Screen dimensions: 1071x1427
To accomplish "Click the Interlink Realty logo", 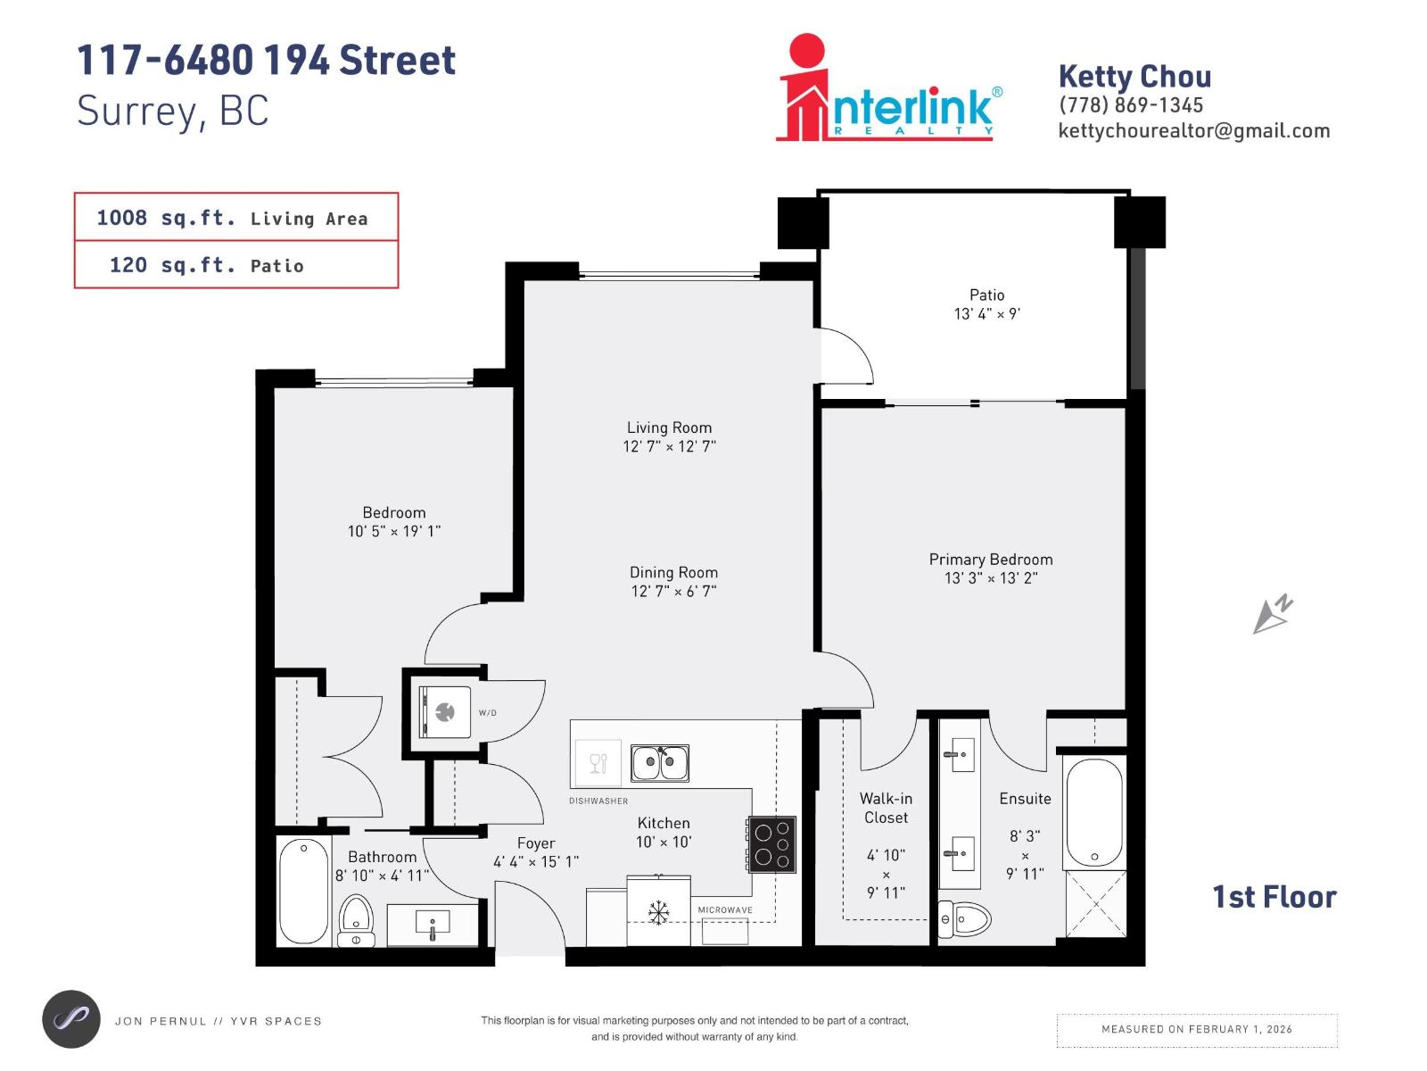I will pos(888,89).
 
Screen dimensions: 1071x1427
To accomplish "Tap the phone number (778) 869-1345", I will pos(1131,105).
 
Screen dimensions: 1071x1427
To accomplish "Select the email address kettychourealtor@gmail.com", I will pos(1193,131).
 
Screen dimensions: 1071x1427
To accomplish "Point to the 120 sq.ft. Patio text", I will pos(207,265).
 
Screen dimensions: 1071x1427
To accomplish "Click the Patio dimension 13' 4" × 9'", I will pos(986,314).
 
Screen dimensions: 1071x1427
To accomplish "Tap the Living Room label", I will pos(669,428).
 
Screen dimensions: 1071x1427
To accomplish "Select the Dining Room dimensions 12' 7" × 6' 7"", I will pos(673,591).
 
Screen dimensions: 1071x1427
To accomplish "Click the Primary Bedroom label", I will pos(990,560).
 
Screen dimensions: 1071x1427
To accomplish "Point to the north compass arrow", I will pos(1273,614).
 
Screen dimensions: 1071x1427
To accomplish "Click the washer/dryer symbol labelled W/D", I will pos(446,711).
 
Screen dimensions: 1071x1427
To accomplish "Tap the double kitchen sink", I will pos(660,763).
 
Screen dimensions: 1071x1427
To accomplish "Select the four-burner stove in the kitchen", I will pos(771,843).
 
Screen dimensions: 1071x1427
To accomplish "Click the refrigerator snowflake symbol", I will pos(658,912).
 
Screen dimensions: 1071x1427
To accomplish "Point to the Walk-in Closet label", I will pos(885,808).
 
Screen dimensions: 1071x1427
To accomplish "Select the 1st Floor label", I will pos(1274,897).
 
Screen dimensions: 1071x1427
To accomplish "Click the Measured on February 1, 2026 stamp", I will pos(1196,1029).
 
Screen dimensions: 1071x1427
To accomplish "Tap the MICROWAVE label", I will pos(724,910).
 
